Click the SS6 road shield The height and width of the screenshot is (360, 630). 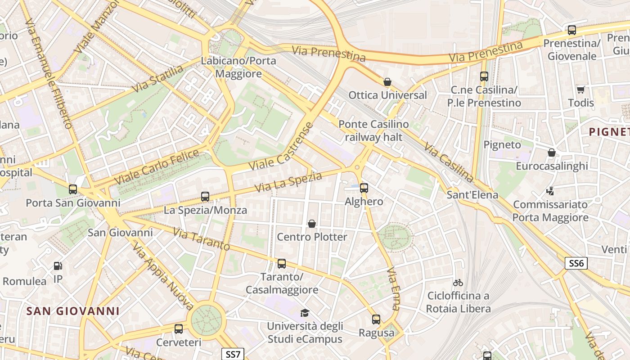(576, 263)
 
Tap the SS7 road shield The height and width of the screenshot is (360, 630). (233, 354)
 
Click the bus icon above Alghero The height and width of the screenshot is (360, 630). (364, 188)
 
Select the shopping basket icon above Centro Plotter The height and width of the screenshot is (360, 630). (311, 224)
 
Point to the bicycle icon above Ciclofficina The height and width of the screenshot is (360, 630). (458, 283)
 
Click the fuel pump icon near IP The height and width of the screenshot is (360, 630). (58, 266)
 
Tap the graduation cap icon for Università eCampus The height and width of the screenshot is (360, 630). (305, 313)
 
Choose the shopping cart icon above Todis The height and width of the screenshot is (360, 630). (581, 90)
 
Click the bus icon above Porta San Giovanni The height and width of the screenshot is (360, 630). (73, 189)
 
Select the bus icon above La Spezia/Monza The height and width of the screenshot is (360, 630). (205, 197)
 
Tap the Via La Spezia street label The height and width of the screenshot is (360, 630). (288, 182)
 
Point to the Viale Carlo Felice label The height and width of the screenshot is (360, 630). (156, 167)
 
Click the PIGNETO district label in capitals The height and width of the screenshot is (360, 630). (609, 132)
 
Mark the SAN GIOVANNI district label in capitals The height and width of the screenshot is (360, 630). (73, 311)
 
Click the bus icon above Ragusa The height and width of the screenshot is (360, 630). (376, 319)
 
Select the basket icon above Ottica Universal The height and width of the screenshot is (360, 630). (387, 82)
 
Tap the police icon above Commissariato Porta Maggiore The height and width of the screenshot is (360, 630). (550, 191)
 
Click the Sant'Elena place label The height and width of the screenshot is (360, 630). (472, 195)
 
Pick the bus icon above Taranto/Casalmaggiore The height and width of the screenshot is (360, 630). (282, 264)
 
